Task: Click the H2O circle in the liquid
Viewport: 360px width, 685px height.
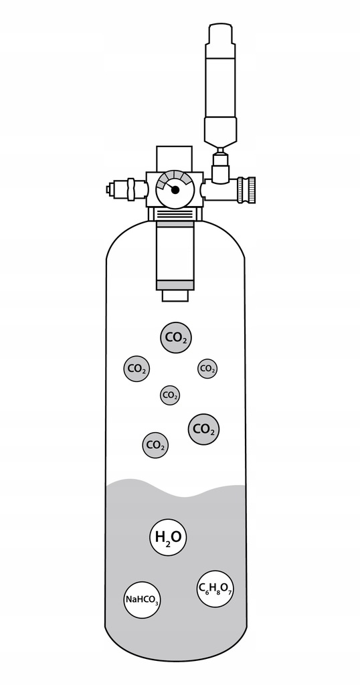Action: pyautogui.click(x=168, y=537)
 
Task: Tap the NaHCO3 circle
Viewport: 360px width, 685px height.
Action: pyautogui.click(x=141, y=599)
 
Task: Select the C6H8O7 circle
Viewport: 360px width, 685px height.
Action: pyautogui.click(x=215, y=589)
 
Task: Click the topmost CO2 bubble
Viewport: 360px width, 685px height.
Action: pyautogui.click(x=176, y=337)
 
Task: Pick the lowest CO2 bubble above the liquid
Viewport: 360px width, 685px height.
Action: pyautogui.click(x=155, y=445)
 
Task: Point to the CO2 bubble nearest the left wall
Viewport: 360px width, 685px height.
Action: pyautogui.click(x=137, y=369)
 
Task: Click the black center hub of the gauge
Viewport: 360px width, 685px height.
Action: pyautogui.click(x=175, y=189)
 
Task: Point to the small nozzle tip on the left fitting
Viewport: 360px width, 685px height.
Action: pyautogui.click(x=110, y=189)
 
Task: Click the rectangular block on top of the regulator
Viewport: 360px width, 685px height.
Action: pyautogui.click(x=174, y=159)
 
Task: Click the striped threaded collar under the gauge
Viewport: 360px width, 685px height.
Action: pyautogui.click(x=175, y=213)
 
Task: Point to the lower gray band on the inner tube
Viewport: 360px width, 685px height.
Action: pyautogui.click(x=175, y=284)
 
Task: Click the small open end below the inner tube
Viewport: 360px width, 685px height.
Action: pyautogui.click(x=175, y=295)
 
